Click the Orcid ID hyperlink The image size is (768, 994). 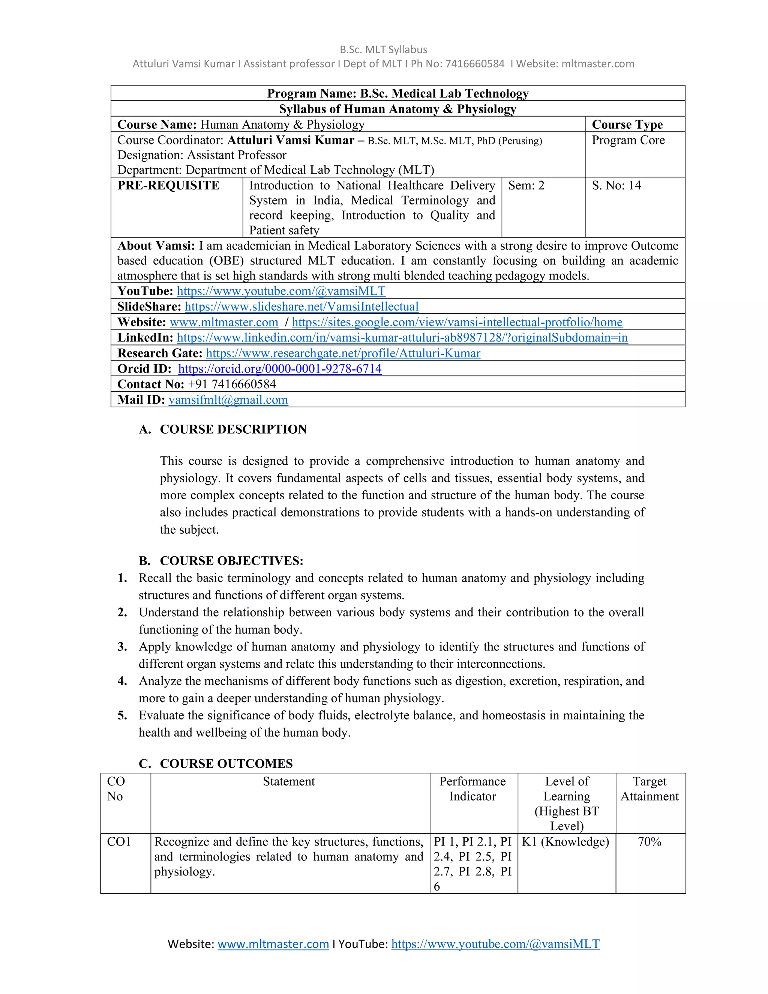[x=280, y=369]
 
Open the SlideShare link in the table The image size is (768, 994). [x=301, y=307]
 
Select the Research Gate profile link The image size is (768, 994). [x=343, y=353]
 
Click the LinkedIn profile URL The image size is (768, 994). [x=402, y=338]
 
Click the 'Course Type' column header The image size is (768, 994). [x=627, y=125]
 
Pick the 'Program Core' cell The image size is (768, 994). [x=628, y=140]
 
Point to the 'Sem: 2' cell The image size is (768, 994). [x=526, y=186]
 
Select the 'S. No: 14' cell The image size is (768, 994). [x=616, y=186]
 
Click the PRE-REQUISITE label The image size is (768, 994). [x=168, y=186]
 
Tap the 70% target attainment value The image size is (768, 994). [x=649, y=842]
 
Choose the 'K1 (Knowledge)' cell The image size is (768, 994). [x=565, y=842]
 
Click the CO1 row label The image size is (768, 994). [x=119, y=842]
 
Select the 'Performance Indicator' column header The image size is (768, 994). [x=472, y=789]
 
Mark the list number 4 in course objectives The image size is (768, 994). [x=122, y=681]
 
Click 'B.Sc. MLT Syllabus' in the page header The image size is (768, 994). [x=383, y=50]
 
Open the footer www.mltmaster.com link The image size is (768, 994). [x=273, y=944]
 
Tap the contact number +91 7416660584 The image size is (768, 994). [x=232, y=384]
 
